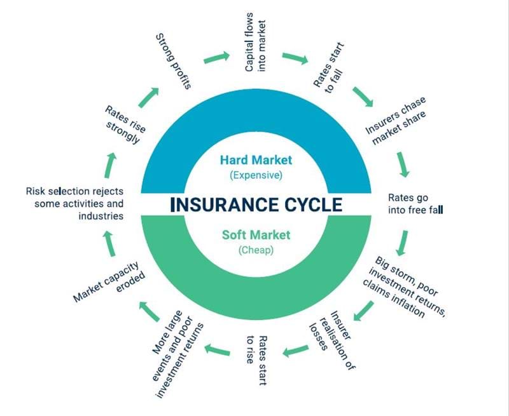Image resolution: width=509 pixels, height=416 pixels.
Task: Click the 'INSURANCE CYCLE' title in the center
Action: click(256, 205)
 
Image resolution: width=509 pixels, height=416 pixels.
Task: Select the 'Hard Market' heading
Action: click(256, 159)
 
